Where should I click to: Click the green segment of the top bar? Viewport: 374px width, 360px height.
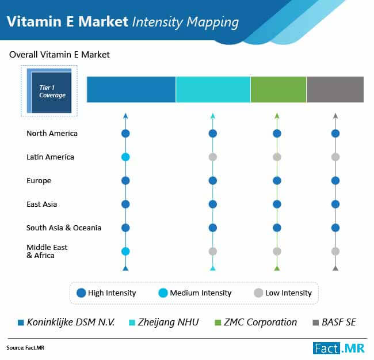278,89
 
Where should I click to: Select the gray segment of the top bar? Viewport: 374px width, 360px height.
335,89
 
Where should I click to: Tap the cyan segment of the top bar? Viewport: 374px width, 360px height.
213,89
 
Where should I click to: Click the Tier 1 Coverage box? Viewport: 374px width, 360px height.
49,90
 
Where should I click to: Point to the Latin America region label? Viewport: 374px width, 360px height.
50,157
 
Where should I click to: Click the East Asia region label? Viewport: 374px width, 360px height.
42,204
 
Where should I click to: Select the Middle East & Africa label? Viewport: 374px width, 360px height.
47,251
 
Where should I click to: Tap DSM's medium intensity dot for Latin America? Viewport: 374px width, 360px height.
125,157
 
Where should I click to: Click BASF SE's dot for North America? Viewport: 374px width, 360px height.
335,134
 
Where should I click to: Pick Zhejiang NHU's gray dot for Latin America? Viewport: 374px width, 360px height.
213,157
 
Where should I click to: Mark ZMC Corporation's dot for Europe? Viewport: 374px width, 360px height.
277,181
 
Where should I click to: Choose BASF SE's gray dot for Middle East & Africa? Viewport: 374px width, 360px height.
335,251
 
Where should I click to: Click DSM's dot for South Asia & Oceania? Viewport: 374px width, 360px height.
125,228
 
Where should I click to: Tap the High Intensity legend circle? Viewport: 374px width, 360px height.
81,293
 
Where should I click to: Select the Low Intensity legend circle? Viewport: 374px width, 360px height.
258,293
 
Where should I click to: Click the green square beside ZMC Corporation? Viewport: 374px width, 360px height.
218,323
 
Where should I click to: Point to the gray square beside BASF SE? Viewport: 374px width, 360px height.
315,323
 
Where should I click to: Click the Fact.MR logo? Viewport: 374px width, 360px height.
339,348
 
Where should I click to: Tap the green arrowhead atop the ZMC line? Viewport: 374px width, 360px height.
277,116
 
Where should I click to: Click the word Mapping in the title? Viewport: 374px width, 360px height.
212,22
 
